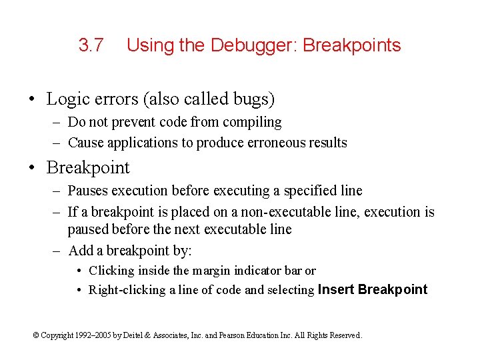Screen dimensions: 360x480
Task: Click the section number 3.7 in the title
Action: pyautogui.click(x=91, y=45)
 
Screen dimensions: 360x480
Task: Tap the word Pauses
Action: pyautogui.click(x=89, y=191)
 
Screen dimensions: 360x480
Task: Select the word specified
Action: pyautogui.click(x=312, y=191)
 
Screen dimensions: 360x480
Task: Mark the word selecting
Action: pyautogui.click(x=291, y=290)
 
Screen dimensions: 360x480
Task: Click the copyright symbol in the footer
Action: pyautogui.click(x=36, y=335)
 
